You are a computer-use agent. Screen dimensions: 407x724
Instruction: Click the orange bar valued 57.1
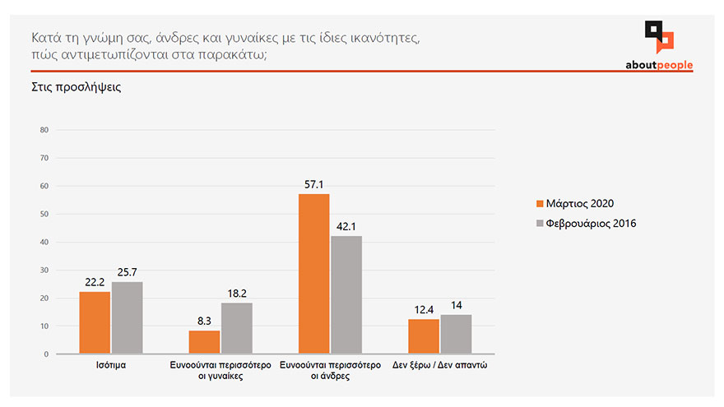[313, 274]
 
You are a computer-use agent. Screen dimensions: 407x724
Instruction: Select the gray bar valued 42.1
[346, 295]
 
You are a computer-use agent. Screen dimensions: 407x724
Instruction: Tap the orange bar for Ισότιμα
[95, 322]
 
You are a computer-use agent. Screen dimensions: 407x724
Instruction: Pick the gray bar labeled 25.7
[127, 317]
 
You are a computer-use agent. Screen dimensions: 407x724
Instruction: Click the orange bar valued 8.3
[204, 342]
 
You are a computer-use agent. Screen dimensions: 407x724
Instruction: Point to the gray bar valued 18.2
[237, 328]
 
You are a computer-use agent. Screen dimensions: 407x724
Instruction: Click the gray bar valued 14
[456, 334]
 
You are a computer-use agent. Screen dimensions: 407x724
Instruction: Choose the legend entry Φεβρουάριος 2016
[586, 223]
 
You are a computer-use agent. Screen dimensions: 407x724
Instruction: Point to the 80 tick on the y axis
[44, 130]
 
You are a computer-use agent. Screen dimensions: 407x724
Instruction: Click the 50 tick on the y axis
[44, 214]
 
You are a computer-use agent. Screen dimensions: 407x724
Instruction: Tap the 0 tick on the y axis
[46, 354]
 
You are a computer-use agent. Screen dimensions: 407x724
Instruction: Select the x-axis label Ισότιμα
[111, 365]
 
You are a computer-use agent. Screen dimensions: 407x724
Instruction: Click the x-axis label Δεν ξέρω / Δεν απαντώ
[440, 365]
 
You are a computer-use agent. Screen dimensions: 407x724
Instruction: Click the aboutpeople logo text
[659, 65]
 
